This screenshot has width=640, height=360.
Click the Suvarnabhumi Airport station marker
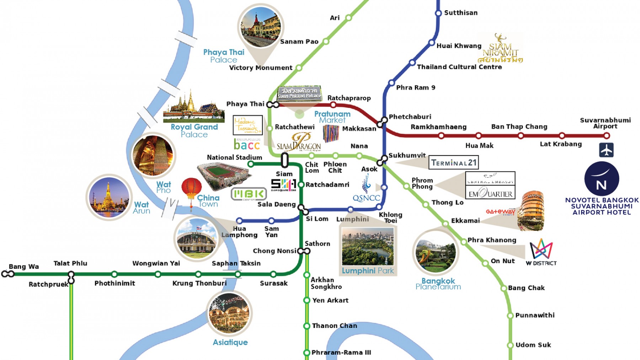point(607,135)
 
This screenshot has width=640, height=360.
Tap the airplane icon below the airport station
point(606,150)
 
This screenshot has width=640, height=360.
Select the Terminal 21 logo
point(454,163)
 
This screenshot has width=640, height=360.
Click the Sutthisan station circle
point(438,13)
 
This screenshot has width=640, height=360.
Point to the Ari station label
point(335,18)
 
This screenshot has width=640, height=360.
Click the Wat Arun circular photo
point(109,197)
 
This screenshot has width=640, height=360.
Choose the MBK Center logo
point(249,194)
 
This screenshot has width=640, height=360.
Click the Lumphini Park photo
point(368,247)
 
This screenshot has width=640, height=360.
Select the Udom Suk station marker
point(510,345)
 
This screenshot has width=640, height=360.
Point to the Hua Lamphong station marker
point(239,221)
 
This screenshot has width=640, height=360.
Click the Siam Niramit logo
point(500,49)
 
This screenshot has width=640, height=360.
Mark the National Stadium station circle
point(251,164)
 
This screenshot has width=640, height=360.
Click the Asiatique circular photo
point(229,313)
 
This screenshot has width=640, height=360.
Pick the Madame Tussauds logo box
point(247,125)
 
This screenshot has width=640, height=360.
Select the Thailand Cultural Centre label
point(459,67)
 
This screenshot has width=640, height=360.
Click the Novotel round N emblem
point(602,179)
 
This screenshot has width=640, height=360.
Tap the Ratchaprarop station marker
point(333,105)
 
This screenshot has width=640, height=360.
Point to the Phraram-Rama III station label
point(341,353)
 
